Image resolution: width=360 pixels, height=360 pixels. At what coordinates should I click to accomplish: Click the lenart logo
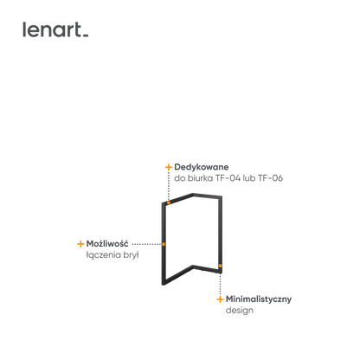point(55,29)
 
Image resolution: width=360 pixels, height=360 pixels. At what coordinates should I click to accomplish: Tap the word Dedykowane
point(202,167)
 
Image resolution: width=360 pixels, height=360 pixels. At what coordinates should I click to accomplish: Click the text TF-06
point(270,178)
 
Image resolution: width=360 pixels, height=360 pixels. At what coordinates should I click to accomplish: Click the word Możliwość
point(107,244)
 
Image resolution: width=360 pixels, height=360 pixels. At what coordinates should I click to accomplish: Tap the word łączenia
point(100,255)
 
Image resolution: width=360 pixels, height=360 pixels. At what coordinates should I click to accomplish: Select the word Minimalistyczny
point(259,299)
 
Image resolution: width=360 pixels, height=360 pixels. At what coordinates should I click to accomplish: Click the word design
point(240,311)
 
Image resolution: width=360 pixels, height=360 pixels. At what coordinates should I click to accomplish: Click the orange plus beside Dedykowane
point(169,167)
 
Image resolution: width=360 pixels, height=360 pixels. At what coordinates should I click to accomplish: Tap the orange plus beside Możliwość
point(80,244)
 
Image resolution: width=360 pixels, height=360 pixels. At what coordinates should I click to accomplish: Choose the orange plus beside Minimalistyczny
point(220,299)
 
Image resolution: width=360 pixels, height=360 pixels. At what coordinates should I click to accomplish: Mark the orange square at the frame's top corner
point(169,202)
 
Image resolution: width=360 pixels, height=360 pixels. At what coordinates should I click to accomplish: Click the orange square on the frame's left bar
point(164,244)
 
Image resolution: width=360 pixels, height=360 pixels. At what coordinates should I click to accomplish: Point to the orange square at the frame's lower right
point(220,266)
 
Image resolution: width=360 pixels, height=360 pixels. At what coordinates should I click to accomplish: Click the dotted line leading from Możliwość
point(146,244)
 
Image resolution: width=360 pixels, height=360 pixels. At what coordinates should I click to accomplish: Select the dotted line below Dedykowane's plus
point(169,186)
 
